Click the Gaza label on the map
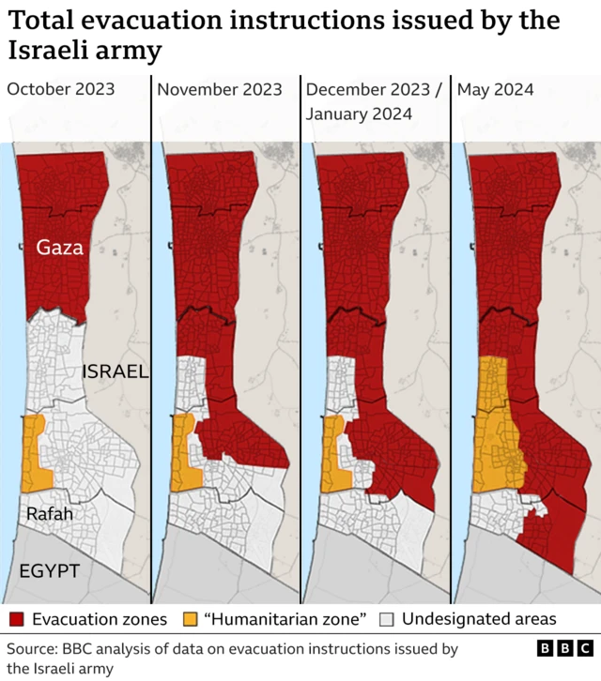coord(60,248)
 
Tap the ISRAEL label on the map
coord(116,371)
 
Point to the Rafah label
coord(49,513)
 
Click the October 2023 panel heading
coord(61,90)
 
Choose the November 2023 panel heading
coord(220,90)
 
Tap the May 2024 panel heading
coord(495,90)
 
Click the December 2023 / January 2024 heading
coord(373,101)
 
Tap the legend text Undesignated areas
coord(479,619)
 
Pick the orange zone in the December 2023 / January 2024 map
coord(333,455)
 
